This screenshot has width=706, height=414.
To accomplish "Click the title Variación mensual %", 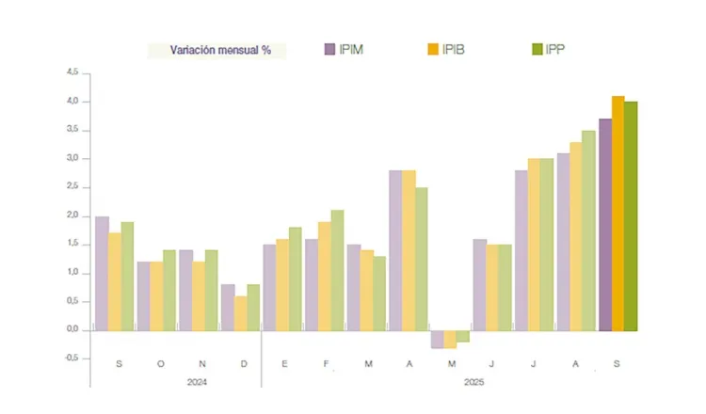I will coord(220,50).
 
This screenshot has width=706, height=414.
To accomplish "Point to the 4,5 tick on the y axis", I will coord(72,72).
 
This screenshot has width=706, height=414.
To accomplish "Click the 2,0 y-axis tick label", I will coord(72,215).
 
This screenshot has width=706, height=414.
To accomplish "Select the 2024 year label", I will coord(198,382).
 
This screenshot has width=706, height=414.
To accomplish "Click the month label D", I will coord(245,362).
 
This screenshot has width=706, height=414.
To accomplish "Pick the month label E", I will coord(282,362).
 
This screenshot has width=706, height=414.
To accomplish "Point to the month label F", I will coord(325,362).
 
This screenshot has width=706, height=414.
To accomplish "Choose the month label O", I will coord(160,362).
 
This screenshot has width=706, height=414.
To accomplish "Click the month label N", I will coord(202,362).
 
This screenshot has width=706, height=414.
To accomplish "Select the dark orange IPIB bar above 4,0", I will coord(618,213).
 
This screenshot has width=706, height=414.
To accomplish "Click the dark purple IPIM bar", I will coord(605,224).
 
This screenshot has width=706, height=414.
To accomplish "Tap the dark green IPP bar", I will coord(631,215).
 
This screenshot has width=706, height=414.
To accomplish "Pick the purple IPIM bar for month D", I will coord(228,307).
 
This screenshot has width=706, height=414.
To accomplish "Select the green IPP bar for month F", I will coord(337,270).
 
